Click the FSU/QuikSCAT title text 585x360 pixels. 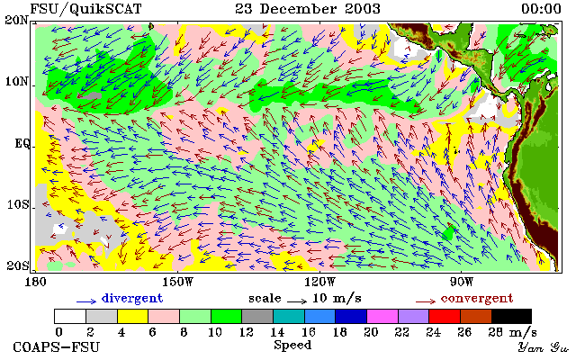click(85, 9)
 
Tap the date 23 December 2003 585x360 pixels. click(308, 9)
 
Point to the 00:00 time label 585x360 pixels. click(541, 9)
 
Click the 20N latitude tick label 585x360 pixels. click(16, 20)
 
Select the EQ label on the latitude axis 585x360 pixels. click(22, 144)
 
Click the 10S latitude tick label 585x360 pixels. click(18, 204)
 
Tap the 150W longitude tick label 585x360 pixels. click(177, 282)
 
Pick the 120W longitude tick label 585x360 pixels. click(319, 282)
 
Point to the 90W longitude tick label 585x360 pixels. click(462, 282)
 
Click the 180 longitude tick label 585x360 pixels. click(35, 282)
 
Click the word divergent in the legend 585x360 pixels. click(132, 298)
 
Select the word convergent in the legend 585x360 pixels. click(477, 298)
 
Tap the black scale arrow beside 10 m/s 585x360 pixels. click(297, 301)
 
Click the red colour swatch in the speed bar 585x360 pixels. click(445, 317)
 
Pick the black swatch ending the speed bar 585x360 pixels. click(511, 317)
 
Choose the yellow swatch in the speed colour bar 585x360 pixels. click(133, 317)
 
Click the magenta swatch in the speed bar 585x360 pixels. click(382, 317)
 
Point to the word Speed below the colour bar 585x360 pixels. click(292, 345)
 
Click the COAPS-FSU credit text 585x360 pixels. click(57, 346)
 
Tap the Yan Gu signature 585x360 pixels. click(544, 347)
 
